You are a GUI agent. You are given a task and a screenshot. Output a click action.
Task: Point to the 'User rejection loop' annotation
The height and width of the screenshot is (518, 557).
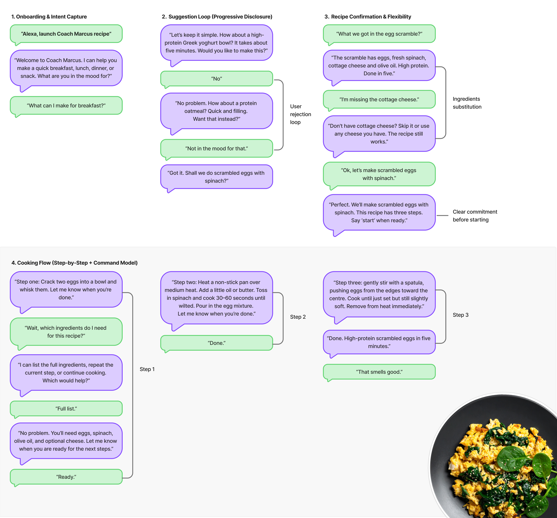point(300,114)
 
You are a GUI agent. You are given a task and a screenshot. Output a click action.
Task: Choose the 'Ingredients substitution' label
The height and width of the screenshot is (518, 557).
point(467,103)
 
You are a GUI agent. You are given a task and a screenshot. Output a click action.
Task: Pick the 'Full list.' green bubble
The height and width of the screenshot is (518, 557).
point(66,408)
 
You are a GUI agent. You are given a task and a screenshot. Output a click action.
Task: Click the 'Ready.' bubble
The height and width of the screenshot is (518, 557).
point(66,477)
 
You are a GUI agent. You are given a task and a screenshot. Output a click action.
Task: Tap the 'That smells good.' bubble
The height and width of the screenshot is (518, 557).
point(379,372)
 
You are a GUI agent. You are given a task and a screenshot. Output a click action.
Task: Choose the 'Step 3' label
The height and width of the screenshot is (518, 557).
point(460,315)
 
